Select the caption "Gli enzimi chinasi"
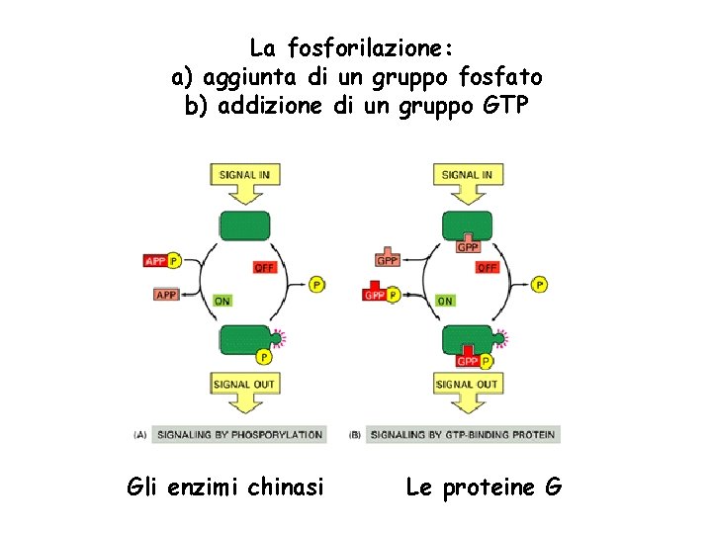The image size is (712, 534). point(225,487)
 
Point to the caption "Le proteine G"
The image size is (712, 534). point(484,487)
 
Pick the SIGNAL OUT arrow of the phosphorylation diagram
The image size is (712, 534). point(243,389)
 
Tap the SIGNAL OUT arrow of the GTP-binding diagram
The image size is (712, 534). point(467,389)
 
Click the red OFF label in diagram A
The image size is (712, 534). point(264,268)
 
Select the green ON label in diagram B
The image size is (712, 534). point(445,301)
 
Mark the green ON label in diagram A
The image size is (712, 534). point(222,301)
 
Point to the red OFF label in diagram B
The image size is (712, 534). point(488,268)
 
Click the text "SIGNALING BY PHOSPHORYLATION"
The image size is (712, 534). point(240,434)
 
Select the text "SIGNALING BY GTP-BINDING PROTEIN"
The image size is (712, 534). point(463,434)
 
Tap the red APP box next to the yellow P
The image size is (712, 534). point(155,261)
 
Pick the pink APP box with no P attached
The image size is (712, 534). point(166,294)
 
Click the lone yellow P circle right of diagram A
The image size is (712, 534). point(316,284)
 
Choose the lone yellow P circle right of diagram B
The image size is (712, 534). point(539,284)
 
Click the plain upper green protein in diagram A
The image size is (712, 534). point(243,224)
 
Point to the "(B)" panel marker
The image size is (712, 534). point(355,434)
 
